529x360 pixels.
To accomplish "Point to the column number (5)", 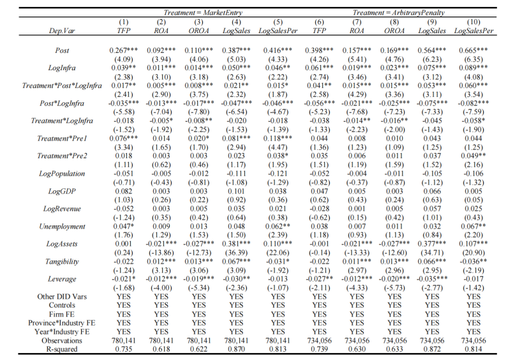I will point(278,22).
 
